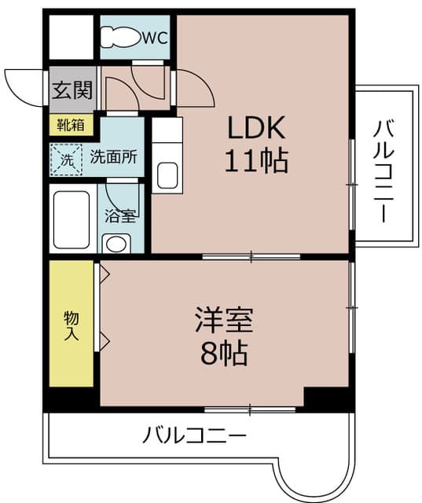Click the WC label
155,38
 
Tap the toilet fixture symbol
121,37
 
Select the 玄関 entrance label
72,90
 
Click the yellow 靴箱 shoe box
72,124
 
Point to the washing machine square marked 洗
66,160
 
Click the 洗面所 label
113,157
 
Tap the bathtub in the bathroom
72,220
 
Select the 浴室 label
120,216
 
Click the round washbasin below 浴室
116,244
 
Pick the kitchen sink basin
167,175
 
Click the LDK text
256,127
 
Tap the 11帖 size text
256,160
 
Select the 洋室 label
225,320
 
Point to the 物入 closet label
72,325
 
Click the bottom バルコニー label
195,435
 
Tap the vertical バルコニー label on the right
383,171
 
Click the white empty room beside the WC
72,37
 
